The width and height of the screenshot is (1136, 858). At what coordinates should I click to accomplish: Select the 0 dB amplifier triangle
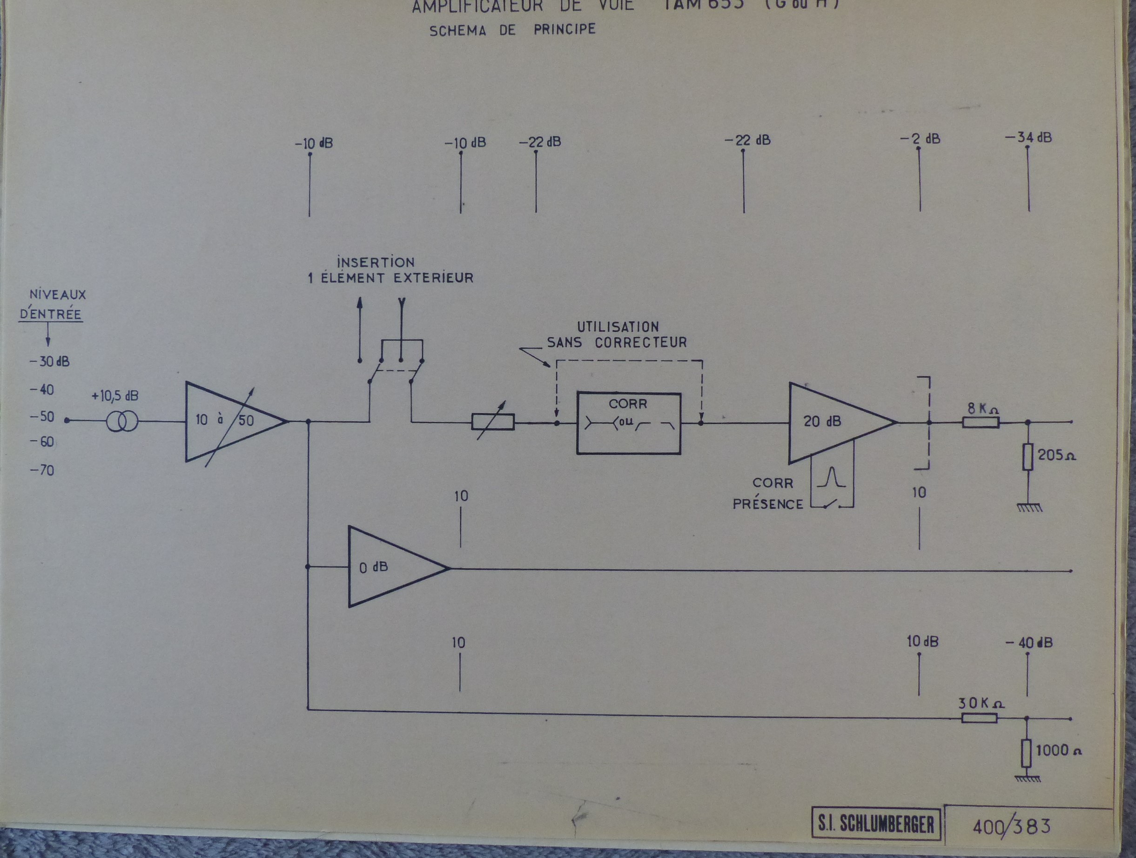(390, 567)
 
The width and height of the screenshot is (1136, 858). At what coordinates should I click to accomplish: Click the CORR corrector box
(629, 423)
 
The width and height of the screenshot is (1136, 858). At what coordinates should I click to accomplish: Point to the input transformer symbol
(122, 422)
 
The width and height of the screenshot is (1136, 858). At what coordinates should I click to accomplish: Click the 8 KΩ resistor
(981, 422)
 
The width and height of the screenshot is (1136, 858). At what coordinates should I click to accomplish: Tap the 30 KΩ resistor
(979, 718)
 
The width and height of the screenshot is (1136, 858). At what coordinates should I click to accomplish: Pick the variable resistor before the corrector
(493, 422)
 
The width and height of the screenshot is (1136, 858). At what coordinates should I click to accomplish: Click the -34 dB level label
(1028, 138)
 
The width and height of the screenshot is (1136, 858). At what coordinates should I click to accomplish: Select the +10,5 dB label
(114, 396)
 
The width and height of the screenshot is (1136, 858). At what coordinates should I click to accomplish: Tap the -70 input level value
(42, 470)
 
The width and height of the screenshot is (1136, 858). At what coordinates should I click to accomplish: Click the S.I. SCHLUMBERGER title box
(876, 824)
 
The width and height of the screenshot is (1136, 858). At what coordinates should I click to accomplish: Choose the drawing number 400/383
(1011, 826)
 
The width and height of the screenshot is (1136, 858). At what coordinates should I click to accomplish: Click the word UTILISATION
(618, 327)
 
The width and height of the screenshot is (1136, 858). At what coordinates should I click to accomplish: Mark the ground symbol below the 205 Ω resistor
(1029, 508)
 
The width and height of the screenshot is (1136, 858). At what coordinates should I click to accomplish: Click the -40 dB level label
(1028, 643)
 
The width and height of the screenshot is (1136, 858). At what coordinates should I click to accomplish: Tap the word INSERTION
(376, 262)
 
